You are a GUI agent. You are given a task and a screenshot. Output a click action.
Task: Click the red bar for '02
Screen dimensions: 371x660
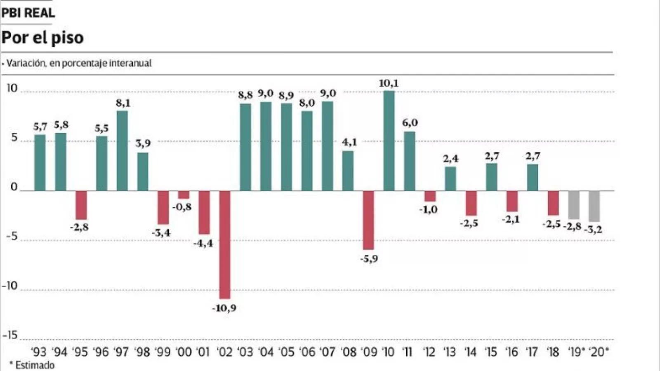click(x=225, y=244)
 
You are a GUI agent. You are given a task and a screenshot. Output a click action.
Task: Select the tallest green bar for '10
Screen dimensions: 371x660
click(x=389, y=141)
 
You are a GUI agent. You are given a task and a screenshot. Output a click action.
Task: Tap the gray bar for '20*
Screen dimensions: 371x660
click(x=594, y=206)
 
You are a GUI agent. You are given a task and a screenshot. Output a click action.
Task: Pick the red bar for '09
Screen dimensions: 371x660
click(x=368, y=220)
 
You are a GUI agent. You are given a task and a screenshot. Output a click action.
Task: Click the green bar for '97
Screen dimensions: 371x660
click(x=122, y=150)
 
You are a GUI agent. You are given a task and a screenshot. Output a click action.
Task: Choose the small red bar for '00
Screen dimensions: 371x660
click(x=184, y=195)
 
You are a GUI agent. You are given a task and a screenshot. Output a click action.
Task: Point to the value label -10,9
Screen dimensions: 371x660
click(x=224, y=308)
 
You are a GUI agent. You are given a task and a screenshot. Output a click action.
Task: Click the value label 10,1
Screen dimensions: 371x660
click(x=389, y=83)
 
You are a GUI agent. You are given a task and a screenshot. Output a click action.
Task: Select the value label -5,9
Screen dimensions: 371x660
click(x=369, y=259)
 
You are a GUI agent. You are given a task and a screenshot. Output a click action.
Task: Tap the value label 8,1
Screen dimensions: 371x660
click(x=123, y=103)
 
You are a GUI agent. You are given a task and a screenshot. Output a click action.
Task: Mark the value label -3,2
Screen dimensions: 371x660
click(x=593, y=230)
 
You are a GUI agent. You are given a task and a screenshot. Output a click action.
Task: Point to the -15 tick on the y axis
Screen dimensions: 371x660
click(x=10, y=335)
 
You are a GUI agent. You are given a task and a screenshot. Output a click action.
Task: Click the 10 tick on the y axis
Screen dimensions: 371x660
click(x=12, y=88)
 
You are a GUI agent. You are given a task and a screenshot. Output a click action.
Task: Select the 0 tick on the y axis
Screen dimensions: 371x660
click(x=14, y=187)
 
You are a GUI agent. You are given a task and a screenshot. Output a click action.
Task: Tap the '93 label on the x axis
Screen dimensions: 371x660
click(x=39, y=352)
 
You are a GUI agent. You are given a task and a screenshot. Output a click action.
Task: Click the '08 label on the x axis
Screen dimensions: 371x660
click(x=349, y=352)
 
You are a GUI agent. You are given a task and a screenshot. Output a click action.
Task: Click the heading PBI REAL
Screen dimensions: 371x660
click(x=28, y=13)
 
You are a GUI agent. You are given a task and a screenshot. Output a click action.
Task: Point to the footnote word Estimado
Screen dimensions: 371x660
click(x=35, y=365)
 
